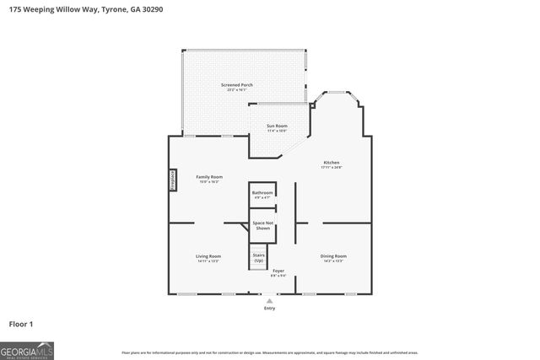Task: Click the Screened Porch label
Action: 236,85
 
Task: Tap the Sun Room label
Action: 277,126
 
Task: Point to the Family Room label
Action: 208,176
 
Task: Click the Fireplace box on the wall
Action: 171,180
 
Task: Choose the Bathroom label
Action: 262,192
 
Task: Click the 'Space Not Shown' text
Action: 262,225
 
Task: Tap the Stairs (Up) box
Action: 259,257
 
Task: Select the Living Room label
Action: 208,255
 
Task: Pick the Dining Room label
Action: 333,255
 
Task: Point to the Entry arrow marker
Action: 269,300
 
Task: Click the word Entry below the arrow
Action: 269,308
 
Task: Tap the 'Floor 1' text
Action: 21,324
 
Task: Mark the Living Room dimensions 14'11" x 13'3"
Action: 208,261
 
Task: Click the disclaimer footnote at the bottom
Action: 269,352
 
